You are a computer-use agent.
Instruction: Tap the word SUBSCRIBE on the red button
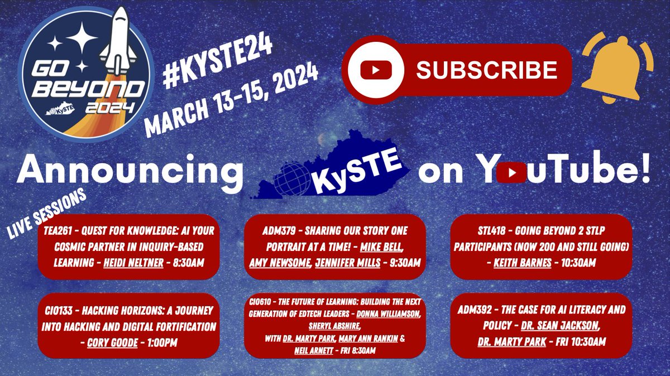pos(486,70)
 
